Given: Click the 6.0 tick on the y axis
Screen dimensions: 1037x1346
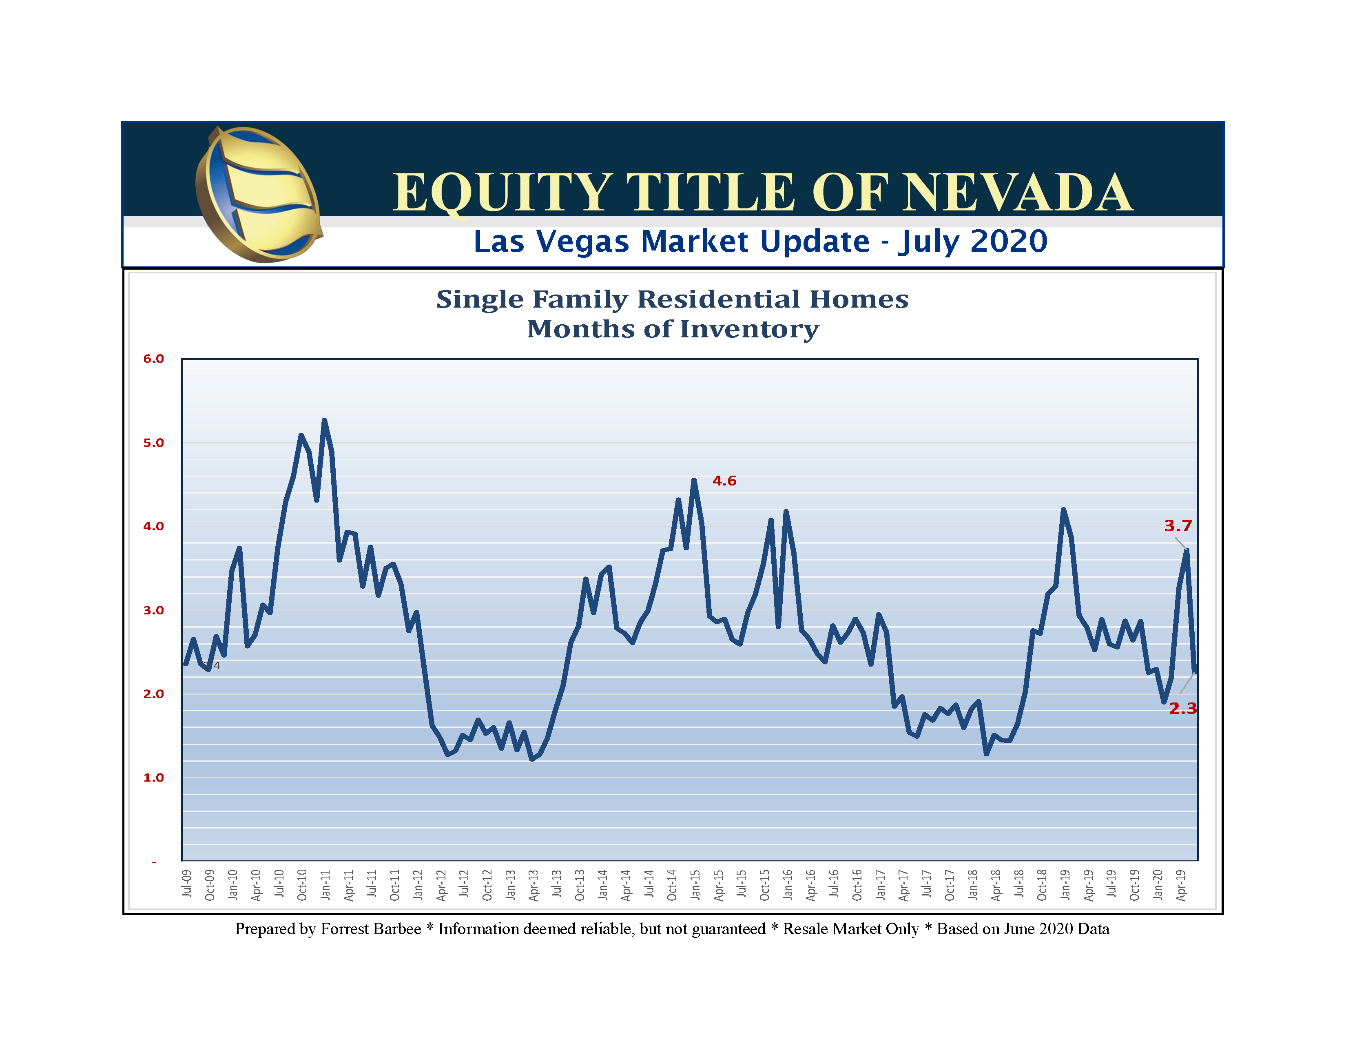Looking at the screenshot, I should tap(153, 359).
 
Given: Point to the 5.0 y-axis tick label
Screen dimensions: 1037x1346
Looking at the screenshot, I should tap(153, 443).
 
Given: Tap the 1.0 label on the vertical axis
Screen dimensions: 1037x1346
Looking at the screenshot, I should tap(153, 778).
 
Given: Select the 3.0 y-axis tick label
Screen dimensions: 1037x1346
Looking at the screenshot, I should tap(153, 610).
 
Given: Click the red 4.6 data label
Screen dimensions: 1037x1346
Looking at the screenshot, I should tap(724, 481).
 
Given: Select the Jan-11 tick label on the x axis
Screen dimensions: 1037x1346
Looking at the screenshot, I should tap(325, 885).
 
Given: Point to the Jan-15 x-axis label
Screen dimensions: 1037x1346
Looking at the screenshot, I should tap(695, 885).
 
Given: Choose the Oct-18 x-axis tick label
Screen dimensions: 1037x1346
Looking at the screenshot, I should tap(1042, 885).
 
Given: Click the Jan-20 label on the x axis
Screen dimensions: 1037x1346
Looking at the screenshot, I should tap(1158, 885).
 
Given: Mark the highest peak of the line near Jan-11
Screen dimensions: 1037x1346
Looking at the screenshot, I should tap(324, 421).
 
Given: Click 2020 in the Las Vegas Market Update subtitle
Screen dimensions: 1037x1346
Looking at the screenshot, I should tap(1009, 241).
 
